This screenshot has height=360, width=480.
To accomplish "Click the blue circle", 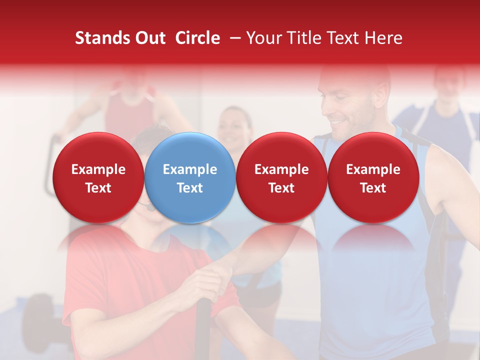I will pyautogui.click(x=190, y=177).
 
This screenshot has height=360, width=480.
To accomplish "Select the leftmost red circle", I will pyautogui.click(x=98, y=177).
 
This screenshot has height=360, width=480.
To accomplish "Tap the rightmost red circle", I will pyautogui.click(x=373, y=177).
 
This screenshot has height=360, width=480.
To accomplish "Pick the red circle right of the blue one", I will pyautogui.click(x=281, y=177).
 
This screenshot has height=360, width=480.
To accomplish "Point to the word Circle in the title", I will pyautogui.click(x=197, y=38).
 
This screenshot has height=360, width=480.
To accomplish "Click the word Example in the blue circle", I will pyautogui.click(x=190, y=169).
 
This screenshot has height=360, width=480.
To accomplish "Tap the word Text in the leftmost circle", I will pyautogui.click(x=98, y=188).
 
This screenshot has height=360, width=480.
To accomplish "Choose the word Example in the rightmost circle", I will pyautogui.click(x=373, y=169).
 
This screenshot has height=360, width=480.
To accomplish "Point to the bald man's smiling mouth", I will pyautogui.click(x=340, y=121).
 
